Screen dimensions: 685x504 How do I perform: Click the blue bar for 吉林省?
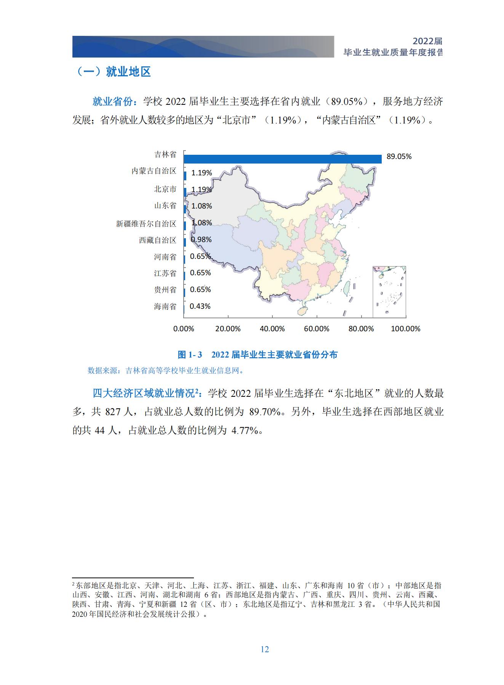coord(282,159)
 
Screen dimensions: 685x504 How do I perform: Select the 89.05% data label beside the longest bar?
coord(399,157)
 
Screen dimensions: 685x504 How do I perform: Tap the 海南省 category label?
coord(165,306)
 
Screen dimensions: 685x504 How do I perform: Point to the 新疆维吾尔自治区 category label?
coord(146,224)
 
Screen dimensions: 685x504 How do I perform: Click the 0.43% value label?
coord(200,306)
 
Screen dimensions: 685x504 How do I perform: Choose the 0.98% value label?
coord(201,240)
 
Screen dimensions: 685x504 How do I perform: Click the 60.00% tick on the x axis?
coord(316,329)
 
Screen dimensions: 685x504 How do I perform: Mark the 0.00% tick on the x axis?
coord(184,329)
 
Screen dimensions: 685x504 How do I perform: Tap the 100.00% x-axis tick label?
coord(405,329)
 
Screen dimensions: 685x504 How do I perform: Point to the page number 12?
coord(265,650)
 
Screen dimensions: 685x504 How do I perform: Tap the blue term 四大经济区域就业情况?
coord(145,393)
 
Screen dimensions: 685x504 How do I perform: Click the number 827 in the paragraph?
coord(113,412)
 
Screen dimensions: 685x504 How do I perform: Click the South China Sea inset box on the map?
coord(389,292)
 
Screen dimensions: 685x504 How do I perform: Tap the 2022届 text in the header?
coord(427,42)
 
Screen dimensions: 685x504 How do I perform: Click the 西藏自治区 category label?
coord(158,241)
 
